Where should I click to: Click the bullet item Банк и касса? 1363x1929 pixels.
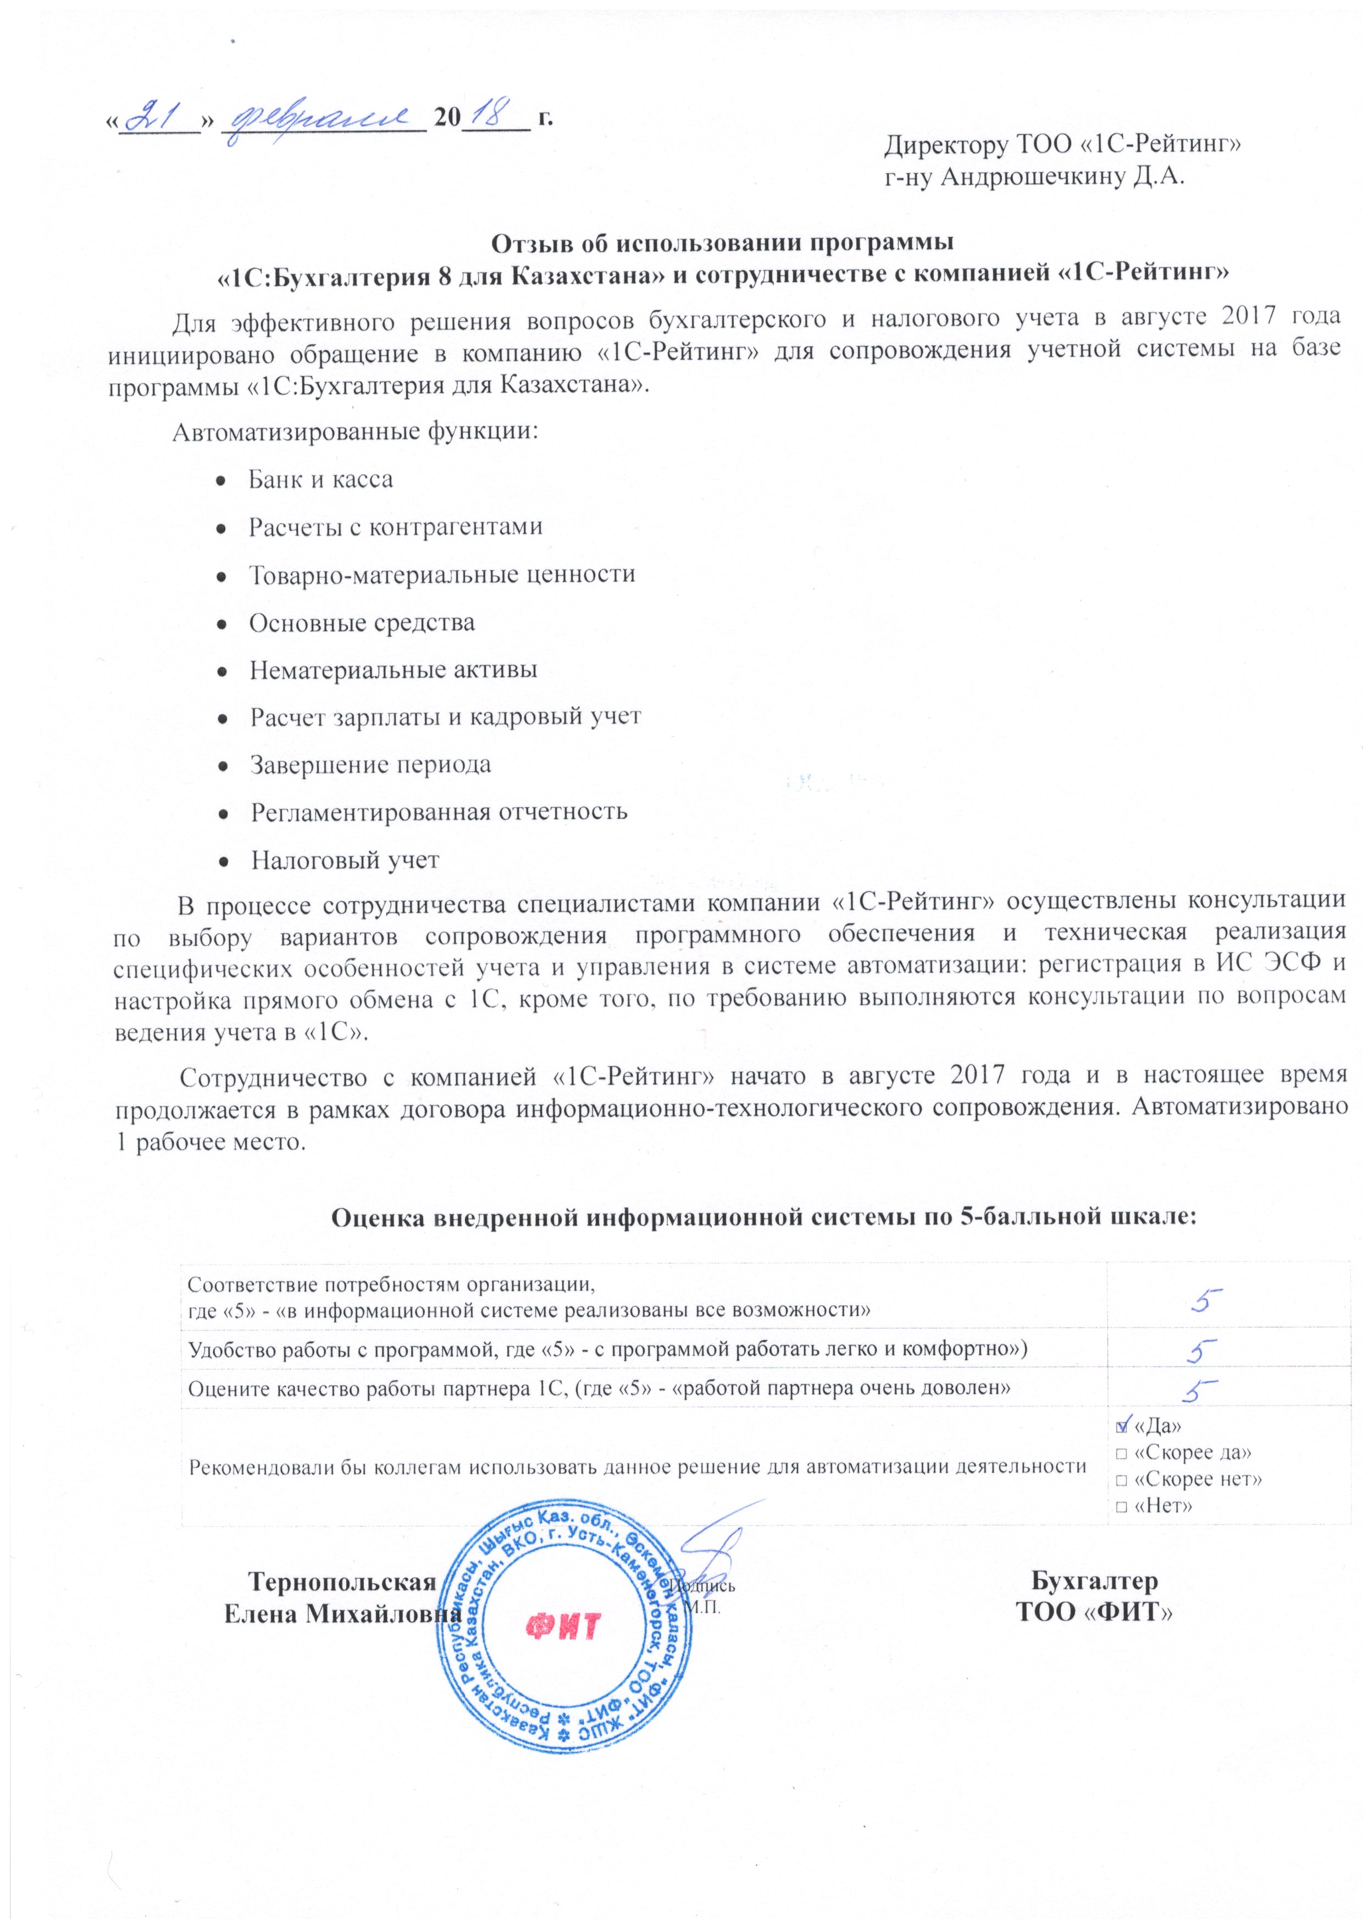tap(320, 480)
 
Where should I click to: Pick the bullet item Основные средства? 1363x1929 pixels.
tap(361, 622)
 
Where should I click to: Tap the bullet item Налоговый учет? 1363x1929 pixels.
tap(344, 861)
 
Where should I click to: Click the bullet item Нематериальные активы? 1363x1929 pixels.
tap(393, 670)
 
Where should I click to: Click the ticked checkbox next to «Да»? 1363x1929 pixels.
tap(1121, 1426)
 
